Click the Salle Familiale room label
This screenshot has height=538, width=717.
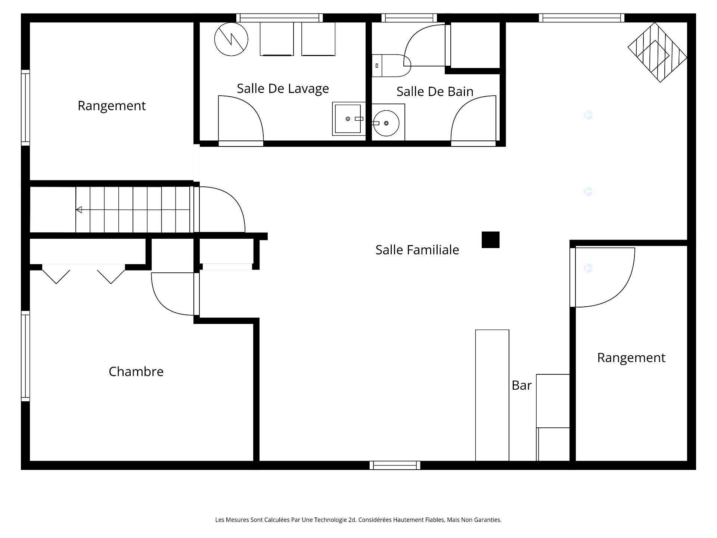(x=417, y=250)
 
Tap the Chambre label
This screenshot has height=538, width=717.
(x=136, y=371)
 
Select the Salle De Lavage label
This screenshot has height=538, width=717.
(x=283, y=89)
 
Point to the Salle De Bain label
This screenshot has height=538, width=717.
(x=435, y=92)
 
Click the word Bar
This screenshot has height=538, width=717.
(x=521, y=385)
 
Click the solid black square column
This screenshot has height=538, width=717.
(x=490, y=240)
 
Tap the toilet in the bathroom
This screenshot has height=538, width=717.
(x=391, y=65)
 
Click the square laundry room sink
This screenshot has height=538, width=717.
(x=348, y=119)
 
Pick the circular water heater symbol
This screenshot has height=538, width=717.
(x=231, y=39)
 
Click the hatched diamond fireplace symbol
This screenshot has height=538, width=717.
(x=657, y=52)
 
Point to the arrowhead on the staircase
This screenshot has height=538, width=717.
(x=79, y=210)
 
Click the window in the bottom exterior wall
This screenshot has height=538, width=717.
(x=395, y=465)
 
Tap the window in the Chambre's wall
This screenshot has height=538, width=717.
(x=25, y=356)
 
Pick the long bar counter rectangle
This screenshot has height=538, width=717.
(x=492, y=395)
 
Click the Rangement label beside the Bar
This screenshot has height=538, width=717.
(x=631, y=358)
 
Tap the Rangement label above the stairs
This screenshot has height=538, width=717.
(x=112, y=106)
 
